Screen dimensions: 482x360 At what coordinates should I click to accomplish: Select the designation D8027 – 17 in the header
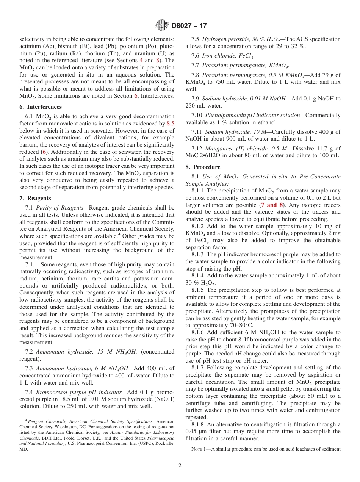(189, 26)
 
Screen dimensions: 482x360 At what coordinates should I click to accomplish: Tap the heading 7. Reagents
(35, 198)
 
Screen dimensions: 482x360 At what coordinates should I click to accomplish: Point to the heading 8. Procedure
(203, 167)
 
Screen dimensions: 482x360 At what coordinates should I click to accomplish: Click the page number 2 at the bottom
(180, 465)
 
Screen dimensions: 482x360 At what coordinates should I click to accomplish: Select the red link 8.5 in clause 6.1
(171, 124)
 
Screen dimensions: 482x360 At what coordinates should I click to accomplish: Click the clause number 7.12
(197, 149)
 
